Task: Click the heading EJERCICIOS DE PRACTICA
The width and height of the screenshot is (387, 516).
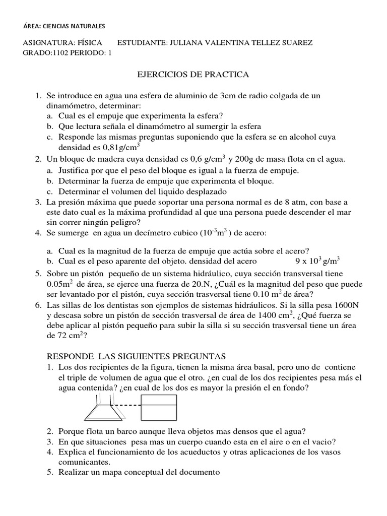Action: [193, 75]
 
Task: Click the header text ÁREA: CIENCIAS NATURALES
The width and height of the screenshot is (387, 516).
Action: [64, 26]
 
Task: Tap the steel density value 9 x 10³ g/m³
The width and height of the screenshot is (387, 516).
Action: [317, 261]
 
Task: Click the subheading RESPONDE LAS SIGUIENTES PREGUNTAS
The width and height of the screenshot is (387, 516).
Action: [137, 356]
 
